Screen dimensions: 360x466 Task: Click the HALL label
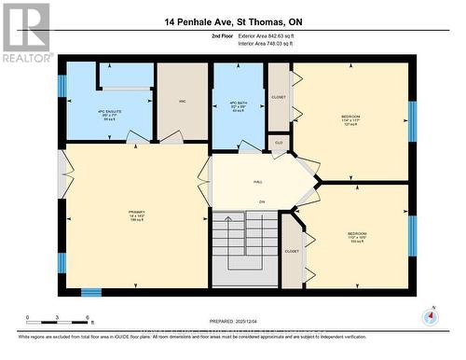[256, 183]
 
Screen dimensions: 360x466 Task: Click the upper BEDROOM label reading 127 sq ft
[349, 119]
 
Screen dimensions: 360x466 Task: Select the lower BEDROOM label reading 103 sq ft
[357, 236]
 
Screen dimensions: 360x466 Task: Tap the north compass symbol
[429, 314]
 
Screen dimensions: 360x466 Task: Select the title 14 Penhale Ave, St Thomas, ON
[233, 21]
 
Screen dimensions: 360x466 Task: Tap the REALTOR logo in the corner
[26, 31]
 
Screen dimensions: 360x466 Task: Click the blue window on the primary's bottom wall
[90, 292]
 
